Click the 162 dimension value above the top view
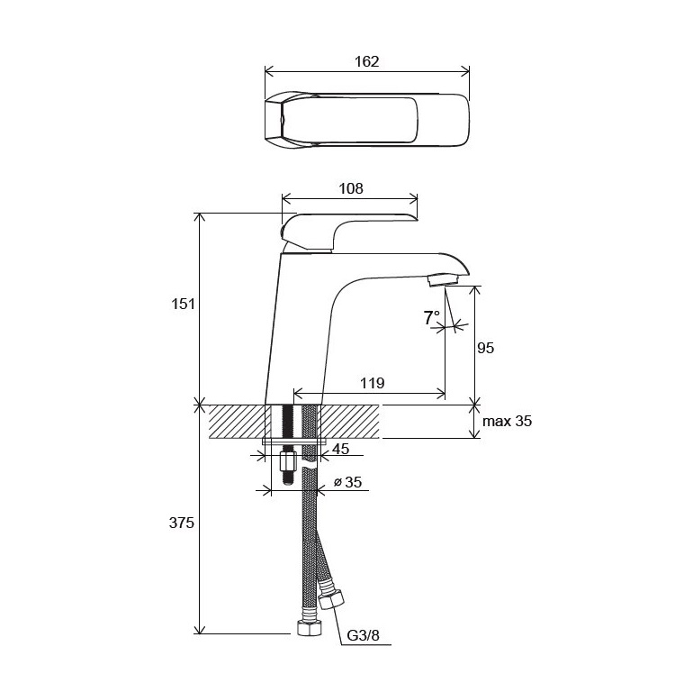coord(367,61)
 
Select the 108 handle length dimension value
coord(350,189)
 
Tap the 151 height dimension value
coord(183,304)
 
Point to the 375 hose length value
coord(182,523)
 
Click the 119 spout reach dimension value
coord(372,383)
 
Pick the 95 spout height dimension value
coord(485,348)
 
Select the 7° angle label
coord(431,317)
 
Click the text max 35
coord(507,421)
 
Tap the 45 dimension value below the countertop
coord(340,449)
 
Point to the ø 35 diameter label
coord(347,481)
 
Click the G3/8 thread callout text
coord(363,635)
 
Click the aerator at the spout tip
coord(444,279)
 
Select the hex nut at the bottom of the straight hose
coord(308,627)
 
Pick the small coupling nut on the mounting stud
coord(288,462)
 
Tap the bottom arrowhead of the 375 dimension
coord(200,629)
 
